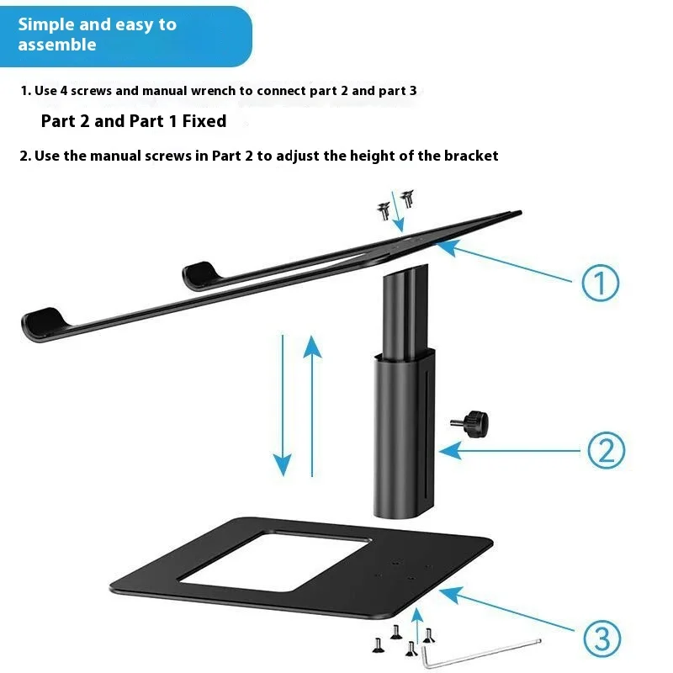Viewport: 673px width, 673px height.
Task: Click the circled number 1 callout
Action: pyautogui.click(x=601, y=284)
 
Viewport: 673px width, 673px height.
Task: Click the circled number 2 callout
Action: pyautogui.click(x=605, y=451)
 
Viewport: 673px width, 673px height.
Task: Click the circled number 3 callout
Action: pyautogui.click(x=602, y=640)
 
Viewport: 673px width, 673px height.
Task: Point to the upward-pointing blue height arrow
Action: pyautogui.click(x=313, y=404)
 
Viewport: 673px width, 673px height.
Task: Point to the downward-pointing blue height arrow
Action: pyautogui.click(x=283, y=404)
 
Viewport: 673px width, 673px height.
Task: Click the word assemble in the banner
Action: pyautogui.click(x=57, y=45)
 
